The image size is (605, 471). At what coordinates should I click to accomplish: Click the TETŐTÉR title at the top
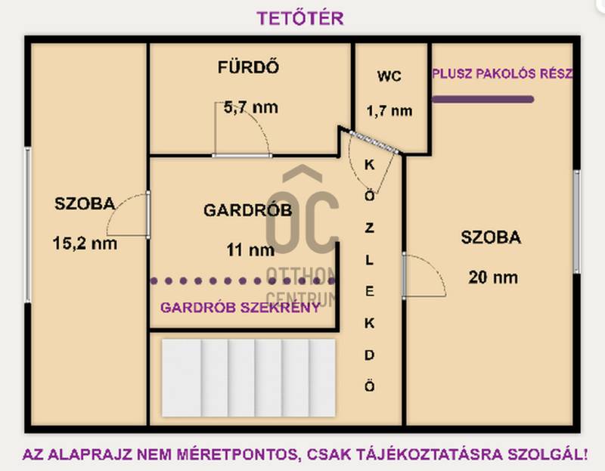click(x=300, y=18)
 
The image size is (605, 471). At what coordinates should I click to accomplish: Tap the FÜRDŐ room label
click(x=248, y=67)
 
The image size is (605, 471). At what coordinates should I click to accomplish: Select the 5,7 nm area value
click(x=251, y=107)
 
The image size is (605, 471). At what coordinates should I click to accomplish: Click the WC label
click(x=389, y=76)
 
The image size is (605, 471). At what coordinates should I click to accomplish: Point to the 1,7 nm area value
click(x=389, y=111)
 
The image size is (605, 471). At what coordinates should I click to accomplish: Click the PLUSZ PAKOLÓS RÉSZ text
click(x=502, y=73)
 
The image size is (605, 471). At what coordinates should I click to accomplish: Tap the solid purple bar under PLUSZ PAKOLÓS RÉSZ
click(x=482, y=100)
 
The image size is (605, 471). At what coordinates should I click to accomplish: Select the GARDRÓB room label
click(x=248, y=210)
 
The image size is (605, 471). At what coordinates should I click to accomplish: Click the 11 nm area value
click(x=250, y=250)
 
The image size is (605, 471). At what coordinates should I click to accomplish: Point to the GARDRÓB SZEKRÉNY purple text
click(x=240, y=308)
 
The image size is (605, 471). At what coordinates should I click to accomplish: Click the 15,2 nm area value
click(x=85, y=243)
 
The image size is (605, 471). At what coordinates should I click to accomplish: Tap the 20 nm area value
click(x=493, y=277)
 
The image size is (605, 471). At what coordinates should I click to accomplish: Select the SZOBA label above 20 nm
click(x=491, y=237)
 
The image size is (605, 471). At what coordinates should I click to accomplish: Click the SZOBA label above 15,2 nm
click(x=85, y=203)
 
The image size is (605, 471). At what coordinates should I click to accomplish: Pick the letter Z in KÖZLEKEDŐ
click(x=369, y=228)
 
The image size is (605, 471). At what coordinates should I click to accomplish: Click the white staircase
click(x=249, y=378)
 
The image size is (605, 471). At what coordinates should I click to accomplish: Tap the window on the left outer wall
click(x=28, y=225)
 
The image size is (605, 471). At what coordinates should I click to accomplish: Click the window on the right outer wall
click(x=576, y=222)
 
